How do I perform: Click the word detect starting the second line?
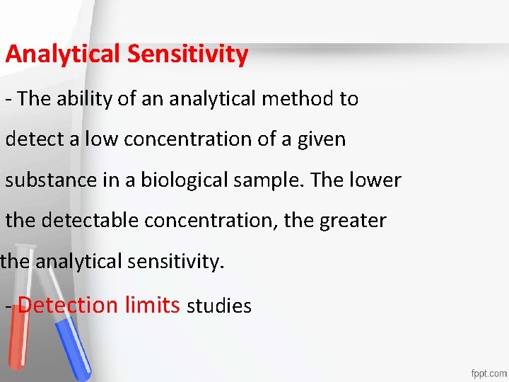pyautogui.click(x=35, y=139)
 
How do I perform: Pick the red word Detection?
pyautogui.click(x=68, y=306)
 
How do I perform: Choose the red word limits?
pyautogui.click(x=152, y=306)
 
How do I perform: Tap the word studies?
pyautogui.click(x=218, y=306)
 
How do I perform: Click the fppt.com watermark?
pyautogui.click(x=488, y=372)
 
